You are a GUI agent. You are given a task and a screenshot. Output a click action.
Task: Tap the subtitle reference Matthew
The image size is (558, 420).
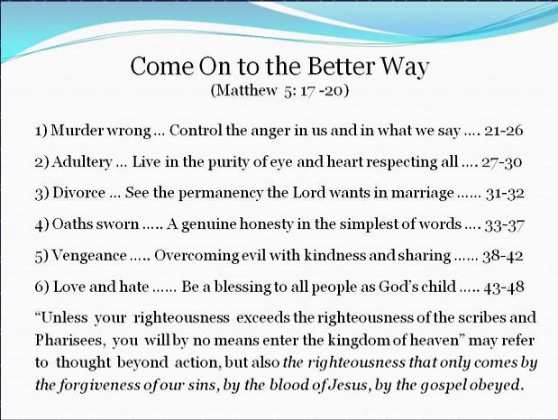[246, 90]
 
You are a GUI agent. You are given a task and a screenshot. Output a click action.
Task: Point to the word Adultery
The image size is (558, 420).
[82, 162]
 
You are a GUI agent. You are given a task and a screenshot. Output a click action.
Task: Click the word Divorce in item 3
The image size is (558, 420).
[79, 193]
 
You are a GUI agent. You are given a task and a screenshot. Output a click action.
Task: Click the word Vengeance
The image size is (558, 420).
[89, 256]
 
